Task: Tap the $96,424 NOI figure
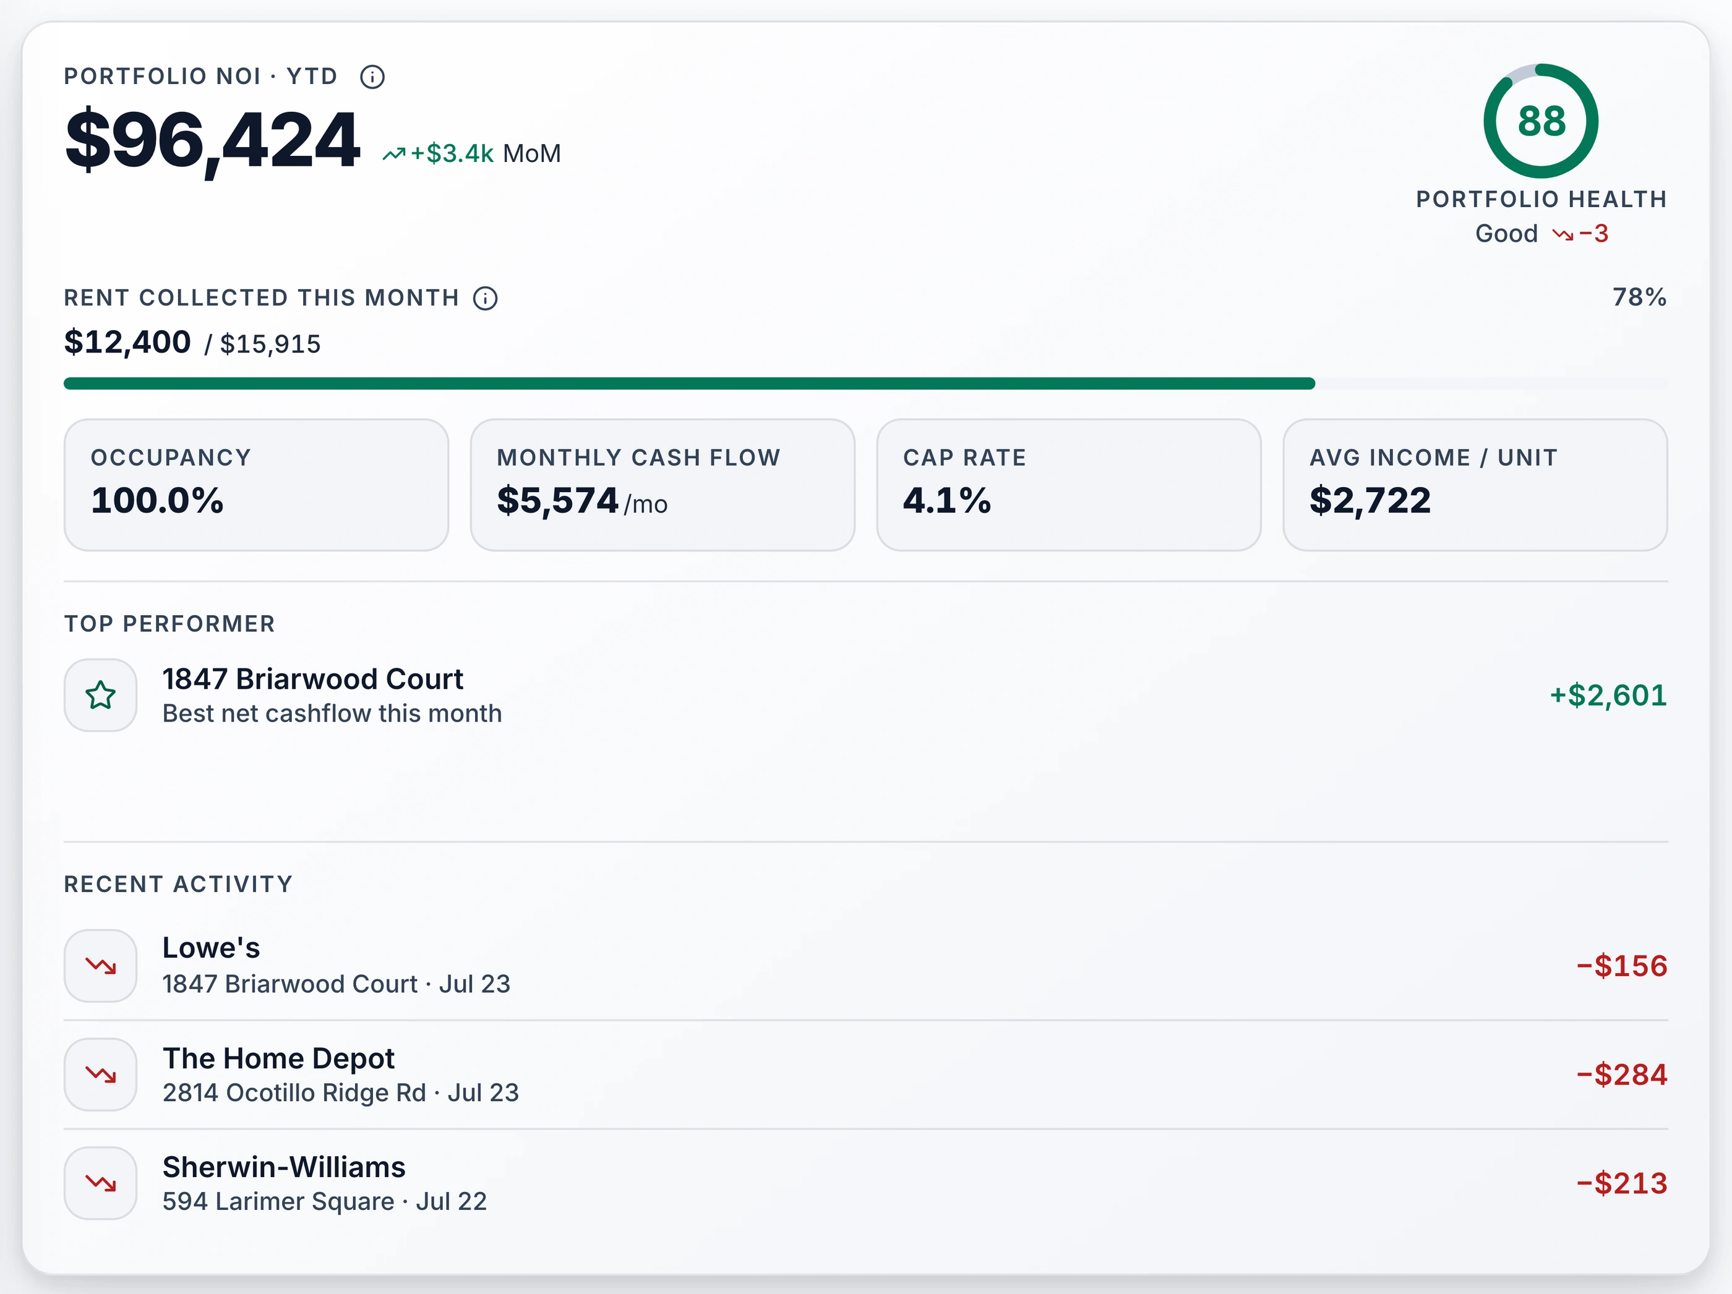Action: (x=212, y=141)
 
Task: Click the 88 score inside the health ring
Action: (x=1541, y=121)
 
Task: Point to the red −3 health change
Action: (x=1593, y=233)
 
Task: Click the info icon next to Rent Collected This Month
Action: (x=486, y=298)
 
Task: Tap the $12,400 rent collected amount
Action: (x=127, y=342)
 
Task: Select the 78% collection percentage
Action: (x=1640, y=297)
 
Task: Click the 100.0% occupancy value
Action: (x=157, y=500)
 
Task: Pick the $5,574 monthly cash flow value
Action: (x=557, y=500)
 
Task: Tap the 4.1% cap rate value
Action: (x=946, y=500)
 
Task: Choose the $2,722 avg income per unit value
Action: (x=1370, y=500)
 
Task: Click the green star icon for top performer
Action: (x=101, y=695)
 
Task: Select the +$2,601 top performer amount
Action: (x=1608, y=695)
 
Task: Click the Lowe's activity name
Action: (x=212, y=948)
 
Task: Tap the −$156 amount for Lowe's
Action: (x=1622, y=966)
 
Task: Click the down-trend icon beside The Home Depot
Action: (x=101, y=1075)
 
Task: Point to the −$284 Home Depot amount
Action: (x=1622, y=1075)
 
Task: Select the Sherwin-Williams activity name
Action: (x=284, y=1167)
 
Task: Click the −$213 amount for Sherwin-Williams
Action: (x=1622, y=1183)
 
